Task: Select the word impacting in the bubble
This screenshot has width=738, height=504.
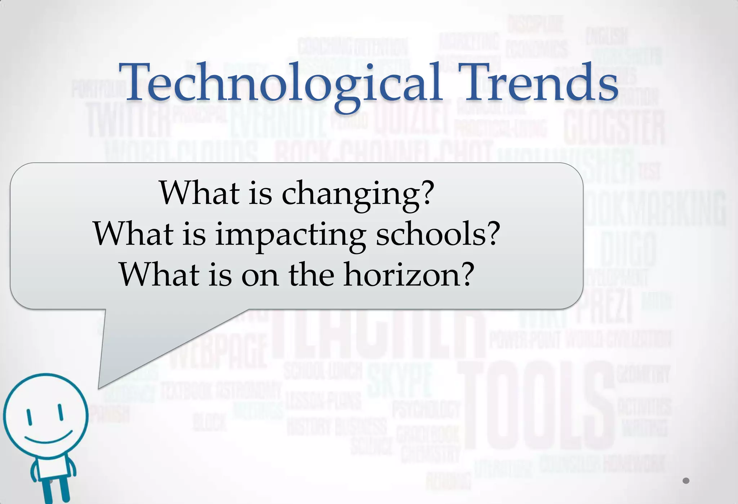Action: (290, 235)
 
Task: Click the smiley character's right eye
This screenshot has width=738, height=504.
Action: (61, 412)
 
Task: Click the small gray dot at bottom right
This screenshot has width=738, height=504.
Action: (686, 481)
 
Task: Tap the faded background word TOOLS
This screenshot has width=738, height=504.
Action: (537, 406)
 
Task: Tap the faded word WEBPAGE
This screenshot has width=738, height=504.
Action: (218, 352)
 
